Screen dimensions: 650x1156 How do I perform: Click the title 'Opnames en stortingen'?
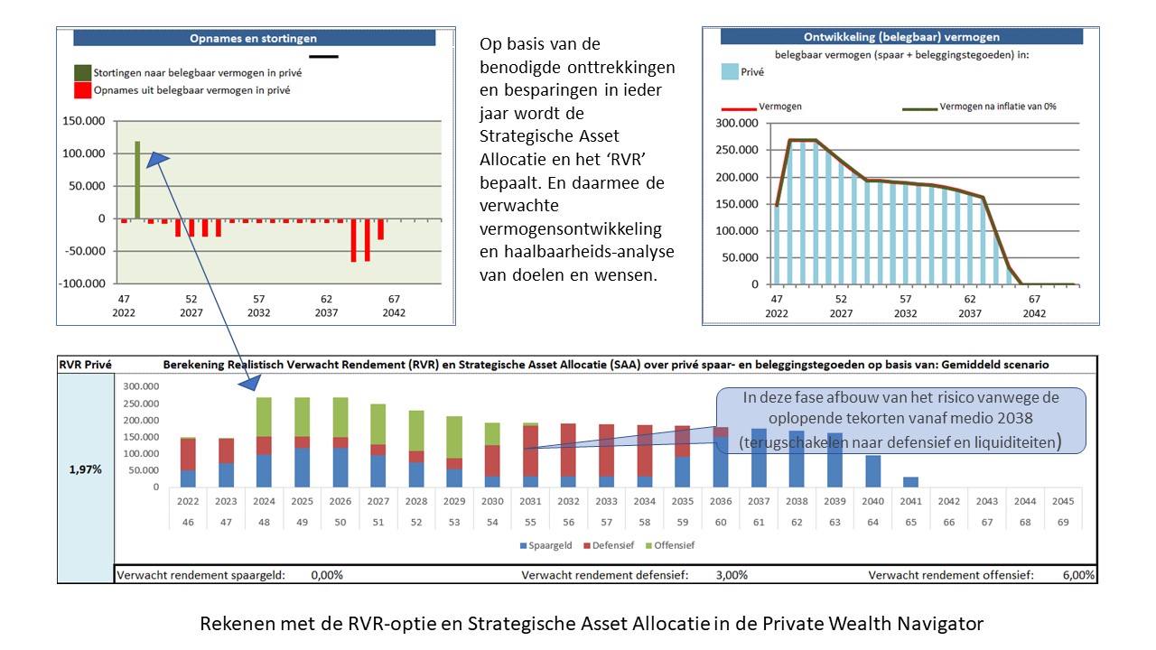coord(253,39)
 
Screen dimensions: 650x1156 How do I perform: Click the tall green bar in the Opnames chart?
coord(137,180)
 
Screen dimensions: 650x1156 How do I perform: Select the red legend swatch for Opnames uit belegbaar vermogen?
coord(82,90)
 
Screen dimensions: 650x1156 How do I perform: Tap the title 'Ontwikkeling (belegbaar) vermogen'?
coord(901,37)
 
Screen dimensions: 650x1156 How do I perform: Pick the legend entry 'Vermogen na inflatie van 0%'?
coord(997,107)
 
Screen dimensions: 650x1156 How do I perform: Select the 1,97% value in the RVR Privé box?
coord(85,470)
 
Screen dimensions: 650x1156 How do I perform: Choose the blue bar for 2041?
coord(909,482)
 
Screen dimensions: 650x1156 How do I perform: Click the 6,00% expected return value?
coord(1077,574)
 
